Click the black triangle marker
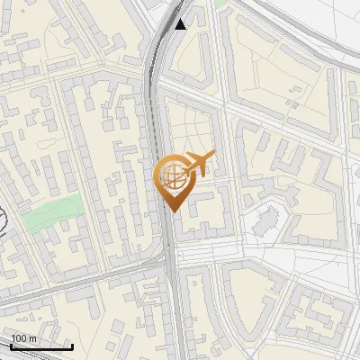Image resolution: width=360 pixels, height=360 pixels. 181,23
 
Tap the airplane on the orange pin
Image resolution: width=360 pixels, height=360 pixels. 195,165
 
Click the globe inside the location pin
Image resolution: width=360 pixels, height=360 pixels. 171,177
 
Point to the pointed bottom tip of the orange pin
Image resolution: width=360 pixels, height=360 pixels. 171,211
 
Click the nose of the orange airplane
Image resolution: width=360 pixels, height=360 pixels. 213,156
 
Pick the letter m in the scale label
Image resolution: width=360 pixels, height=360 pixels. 32,338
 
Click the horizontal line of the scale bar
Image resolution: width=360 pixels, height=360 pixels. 41,346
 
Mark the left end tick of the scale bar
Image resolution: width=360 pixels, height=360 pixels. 11,345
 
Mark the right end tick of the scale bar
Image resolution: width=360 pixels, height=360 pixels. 72,345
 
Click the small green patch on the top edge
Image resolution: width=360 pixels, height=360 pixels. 219,3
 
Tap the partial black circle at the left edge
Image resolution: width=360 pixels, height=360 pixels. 4,221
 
